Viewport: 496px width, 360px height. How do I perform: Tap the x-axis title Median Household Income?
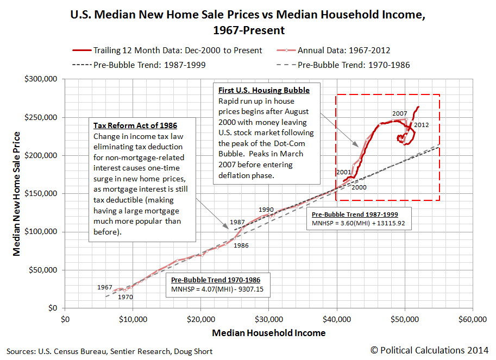pos(268,333)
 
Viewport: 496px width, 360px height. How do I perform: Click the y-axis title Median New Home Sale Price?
pos(17,194)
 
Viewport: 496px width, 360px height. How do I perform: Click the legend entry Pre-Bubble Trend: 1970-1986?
pos(354,65)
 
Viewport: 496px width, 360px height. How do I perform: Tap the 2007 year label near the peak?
pos(399,113)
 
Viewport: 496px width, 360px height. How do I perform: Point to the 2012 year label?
pos(421,125)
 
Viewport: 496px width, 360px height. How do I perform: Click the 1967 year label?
pos(105,287)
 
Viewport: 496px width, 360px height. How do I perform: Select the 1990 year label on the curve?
pos(266,210)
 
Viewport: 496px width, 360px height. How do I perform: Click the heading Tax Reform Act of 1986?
pos(135,125)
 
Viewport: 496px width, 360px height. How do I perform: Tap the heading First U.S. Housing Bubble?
pos(264,90)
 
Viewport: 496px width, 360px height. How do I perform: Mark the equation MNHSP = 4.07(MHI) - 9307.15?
pos(217,290)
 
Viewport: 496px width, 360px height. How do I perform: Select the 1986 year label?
pos(241,245)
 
